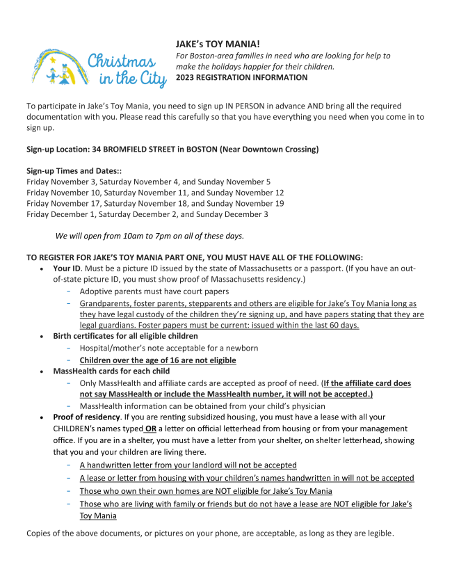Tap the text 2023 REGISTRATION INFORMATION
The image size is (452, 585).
[241, 77]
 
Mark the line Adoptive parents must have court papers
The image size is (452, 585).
[154, 291]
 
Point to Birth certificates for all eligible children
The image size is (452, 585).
[125, 336]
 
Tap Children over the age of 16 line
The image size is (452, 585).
[158, 360]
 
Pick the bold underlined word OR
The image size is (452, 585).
[150, 428]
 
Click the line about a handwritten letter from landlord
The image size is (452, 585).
[188, 465]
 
